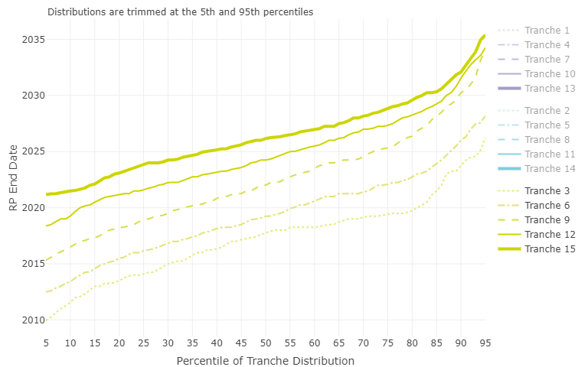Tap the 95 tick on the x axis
coord(485,344)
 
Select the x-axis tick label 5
coord(47,344)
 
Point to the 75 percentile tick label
coord(388,344)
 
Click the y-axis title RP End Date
coord(13,180)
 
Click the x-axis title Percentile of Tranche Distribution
coord(266,360)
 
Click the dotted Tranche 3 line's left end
coord(47,320)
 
